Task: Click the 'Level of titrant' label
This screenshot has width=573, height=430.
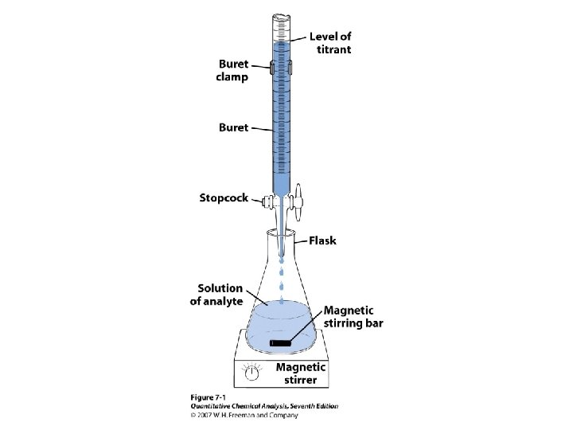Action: tap(330, 42)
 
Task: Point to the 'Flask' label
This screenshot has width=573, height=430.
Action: tap(322, 240)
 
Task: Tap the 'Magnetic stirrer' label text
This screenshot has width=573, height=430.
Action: tap(301, 373)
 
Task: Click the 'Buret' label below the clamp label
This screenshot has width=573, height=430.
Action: tap(234, 127)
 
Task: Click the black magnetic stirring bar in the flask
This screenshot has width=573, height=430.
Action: tap(283, 342)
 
